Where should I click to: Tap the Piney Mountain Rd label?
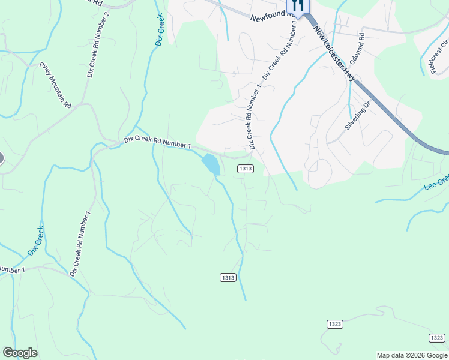(55, 85)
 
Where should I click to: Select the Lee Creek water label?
(436, 182)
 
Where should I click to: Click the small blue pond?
(211, 164)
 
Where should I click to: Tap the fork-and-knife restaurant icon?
(298, 6)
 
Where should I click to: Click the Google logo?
(20, 353)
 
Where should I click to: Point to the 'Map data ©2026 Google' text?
(412, 355)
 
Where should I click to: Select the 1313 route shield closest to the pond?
(245, 169)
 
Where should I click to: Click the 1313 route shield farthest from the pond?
(228, 277)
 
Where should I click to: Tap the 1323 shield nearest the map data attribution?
(437, 338)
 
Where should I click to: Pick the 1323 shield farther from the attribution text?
(335, 324)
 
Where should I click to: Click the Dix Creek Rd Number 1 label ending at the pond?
(157, 142)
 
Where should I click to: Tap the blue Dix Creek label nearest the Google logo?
(37, 241)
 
